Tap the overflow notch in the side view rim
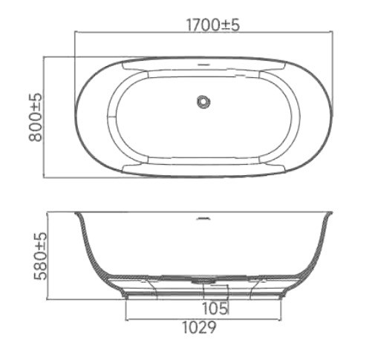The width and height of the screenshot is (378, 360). (x=203, y=218)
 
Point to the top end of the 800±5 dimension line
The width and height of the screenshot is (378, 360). (x=49, y=56)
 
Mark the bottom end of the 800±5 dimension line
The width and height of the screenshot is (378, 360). (x=49, y=177)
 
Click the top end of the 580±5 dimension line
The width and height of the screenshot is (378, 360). (x=49, y=213)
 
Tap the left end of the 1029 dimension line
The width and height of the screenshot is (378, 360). (x=125, y=315)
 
